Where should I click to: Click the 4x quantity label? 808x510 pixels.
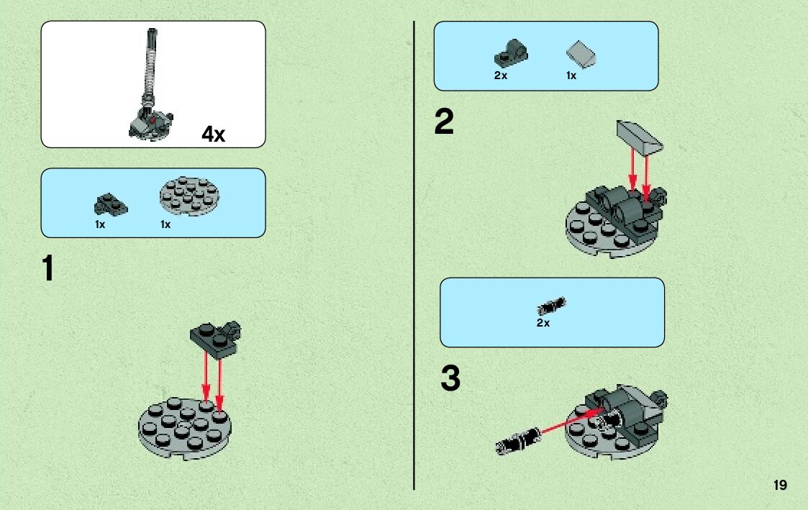pos(214,135)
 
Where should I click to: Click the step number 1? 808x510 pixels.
pos(48,268)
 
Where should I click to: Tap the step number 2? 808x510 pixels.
pos(444,122)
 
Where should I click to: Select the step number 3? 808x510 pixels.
pos(450,378)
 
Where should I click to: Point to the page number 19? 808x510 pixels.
pos(780,485)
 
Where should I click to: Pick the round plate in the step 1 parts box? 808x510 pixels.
pos(190,196)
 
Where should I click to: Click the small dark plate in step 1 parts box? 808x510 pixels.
pos(110,204)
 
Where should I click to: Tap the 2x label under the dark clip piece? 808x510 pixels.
pos(500,76)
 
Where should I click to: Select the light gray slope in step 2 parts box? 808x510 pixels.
pos(581,54)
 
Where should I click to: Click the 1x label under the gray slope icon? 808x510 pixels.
pos(571,76)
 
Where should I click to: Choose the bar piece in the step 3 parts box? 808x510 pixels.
pos(551,306)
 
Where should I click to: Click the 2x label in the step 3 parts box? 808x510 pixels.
pos(543,323)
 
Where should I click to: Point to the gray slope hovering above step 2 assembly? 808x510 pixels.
pos(640,137)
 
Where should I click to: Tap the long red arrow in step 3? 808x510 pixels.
pos(572,421)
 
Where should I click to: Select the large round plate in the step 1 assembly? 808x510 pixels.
pos(184,428)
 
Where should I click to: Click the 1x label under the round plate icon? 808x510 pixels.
pos(165,224)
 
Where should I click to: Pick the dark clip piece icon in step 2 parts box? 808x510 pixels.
pos(511,53)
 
